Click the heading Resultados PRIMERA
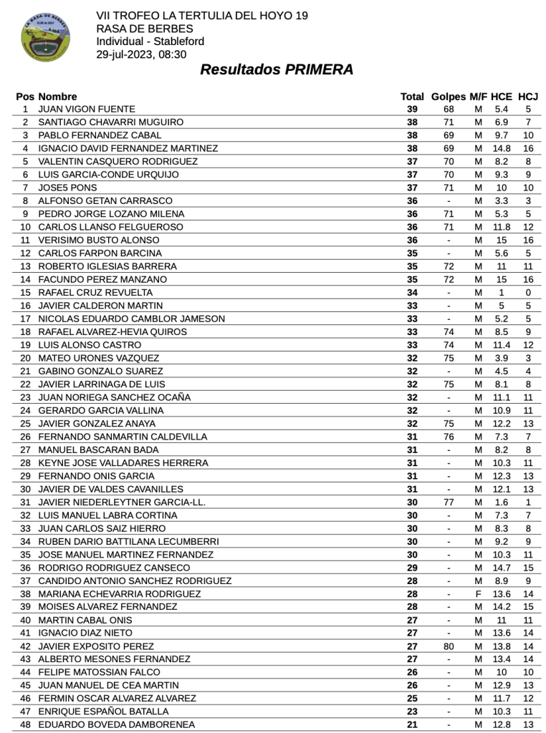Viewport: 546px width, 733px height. point(276,70)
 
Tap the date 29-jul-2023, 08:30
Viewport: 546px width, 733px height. point(141,54)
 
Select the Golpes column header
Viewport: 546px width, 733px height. point(449,97)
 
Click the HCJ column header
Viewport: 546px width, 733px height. point(528,97)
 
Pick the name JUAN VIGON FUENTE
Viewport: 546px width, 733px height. point(86,110)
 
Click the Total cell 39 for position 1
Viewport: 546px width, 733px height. point(412,110)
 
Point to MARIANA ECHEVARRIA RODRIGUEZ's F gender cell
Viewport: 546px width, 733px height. point(478,594)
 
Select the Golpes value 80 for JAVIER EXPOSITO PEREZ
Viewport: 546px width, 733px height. point(449,646)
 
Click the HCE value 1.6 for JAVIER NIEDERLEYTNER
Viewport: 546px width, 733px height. point(502,503)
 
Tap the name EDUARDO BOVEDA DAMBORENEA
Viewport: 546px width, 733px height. point(116,725)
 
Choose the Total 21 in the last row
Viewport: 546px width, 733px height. point(412,725)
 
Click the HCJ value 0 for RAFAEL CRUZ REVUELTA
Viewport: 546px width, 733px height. point(528,293)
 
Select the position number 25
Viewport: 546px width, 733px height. point(26,424)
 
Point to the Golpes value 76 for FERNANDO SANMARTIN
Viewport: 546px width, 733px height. point(449,437)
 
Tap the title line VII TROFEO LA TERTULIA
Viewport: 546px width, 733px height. point(197,16)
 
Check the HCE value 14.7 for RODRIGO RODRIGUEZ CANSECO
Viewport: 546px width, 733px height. point(502,568)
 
